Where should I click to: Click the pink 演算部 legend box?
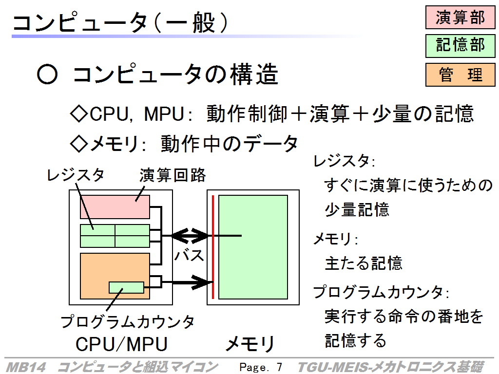460,17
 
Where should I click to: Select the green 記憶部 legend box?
460,46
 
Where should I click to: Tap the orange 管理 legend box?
460,75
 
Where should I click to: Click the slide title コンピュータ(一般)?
120,22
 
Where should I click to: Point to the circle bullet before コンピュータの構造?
47,75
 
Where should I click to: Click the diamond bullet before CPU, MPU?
78,113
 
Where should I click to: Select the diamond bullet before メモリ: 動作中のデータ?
78,144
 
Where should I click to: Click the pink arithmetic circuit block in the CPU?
115,207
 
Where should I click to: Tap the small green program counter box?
126,287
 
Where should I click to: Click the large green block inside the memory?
253,247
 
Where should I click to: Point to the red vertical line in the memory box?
213,247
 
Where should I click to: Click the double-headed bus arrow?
191,236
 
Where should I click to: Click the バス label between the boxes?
189,255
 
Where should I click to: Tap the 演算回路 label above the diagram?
173,175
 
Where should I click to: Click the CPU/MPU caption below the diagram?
121,344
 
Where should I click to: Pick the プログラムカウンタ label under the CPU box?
128,321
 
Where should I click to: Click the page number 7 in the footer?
279,367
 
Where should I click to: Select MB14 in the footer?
26,367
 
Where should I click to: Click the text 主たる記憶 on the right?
364,263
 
